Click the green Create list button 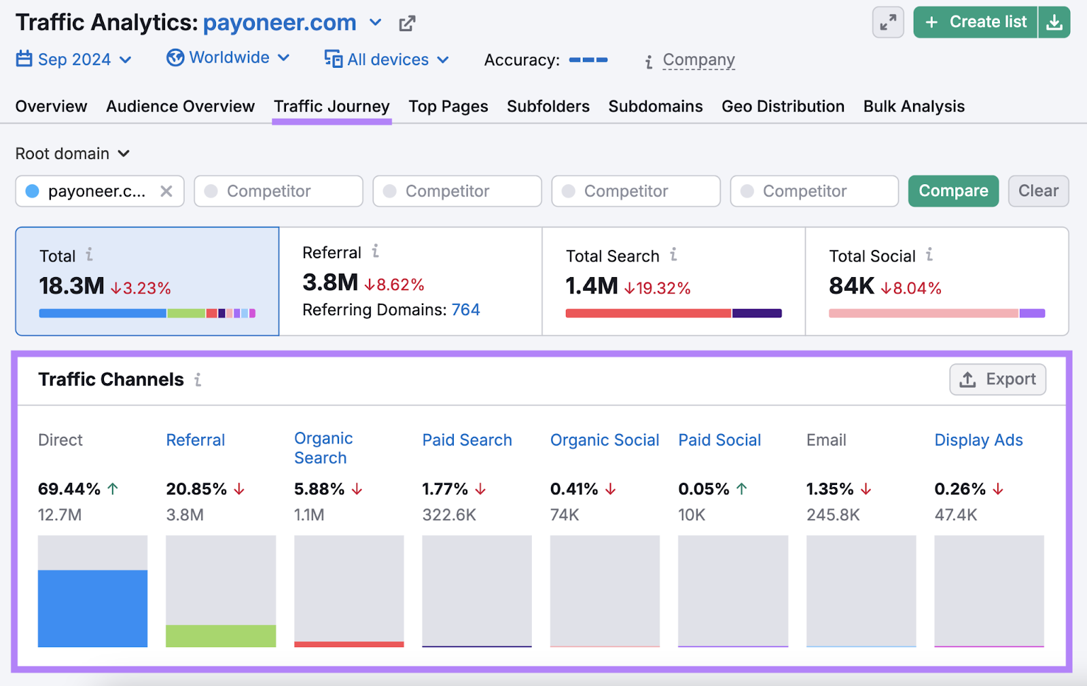[x=976, y=22]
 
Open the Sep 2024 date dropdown [x=73, y=60]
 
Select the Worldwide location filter [x=228, y=58]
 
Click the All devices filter [x=387, y=60]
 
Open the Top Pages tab [x=448, y=107]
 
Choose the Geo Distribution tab [x=783, y=107]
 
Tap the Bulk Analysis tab [x=913, y=107]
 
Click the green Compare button [x=952, y=191]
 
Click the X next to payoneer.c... [x=166, y=192]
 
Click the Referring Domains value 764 [x=465, y=310]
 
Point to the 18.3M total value [x=71, y=286]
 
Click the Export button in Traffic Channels [x=997, y=380]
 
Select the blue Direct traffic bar [x=92, y=608]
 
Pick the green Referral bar [x=221, y=636]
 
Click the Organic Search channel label [x=323, y=448]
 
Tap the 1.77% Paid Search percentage [x=444, y=489]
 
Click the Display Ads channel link [x=978, y=440]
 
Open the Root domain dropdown [x=72, y=154]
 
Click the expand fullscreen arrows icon [x=887, y=22]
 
